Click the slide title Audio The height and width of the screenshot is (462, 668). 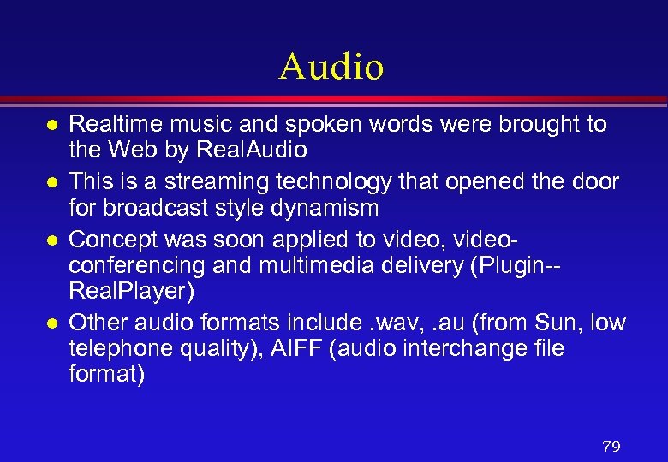point(331,66)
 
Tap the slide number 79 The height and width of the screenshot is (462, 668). point(611,447)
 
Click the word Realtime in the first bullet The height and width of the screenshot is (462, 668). point(110,124)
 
